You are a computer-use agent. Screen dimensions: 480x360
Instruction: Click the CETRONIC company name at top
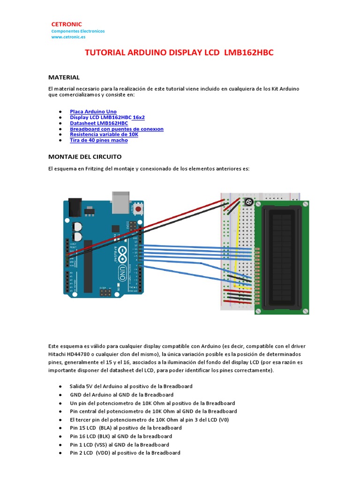coord(66,24)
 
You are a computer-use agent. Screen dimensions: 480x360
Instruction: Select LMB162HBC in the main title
coord(248,53)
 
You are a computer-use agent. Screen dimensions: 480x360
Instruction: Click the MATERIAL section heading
coord(64,77)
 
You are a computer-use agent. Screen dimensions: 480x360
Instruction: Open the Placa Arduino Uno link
coord(93,112)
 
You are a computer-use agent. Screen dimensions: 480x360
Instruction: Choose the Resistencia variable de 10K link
coord(105,134)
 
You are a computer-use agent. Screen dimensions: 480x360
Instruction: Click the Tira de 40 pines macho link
coord(98,140)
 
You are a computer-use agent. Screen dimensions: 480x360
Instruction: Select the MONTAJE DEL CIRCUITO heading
coord(85,156)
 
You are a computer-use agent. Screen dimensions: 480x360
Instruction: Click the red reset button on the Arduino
coord(138,208)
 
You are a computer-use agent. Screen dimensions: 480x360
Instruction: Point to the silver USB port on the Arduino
coord(120,200)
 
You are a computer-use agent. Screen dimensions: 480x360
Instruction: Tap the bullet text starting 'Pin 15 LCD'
coord(126,427)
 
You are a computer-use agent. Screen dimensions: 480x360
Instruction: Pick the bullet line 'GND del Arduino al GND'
coord(121,395)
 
